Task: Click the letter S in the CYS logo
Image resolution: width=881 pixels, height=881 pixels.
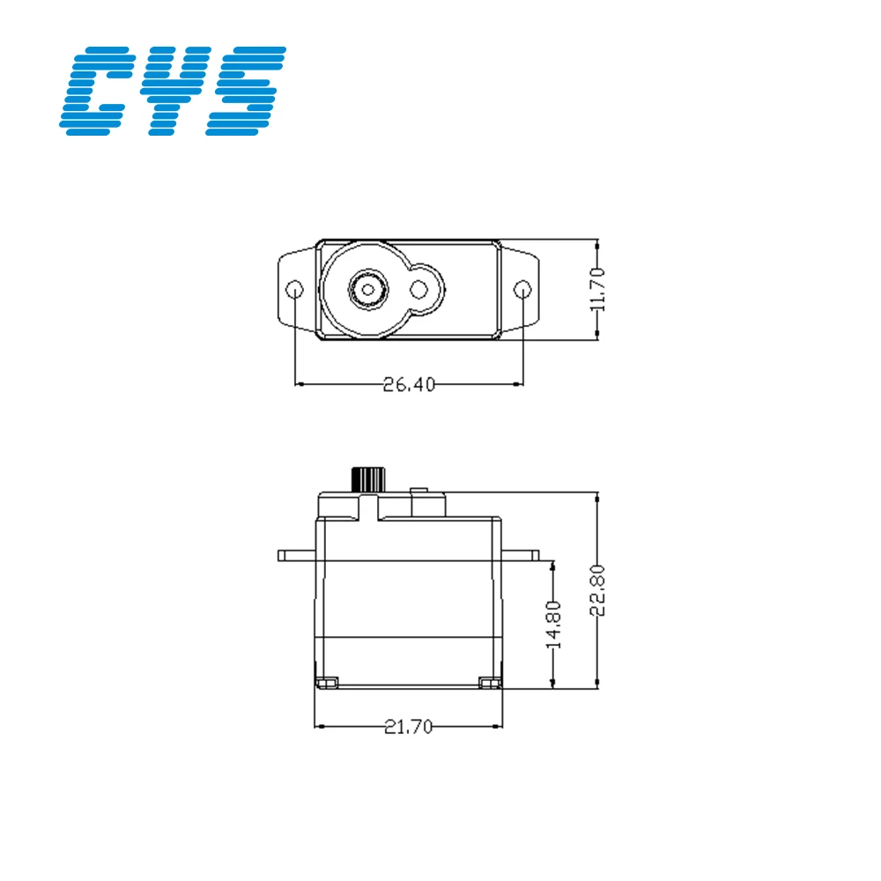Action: (246, 91)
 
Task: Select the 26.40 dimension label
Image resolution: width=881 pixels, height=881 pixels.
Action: (409, 384)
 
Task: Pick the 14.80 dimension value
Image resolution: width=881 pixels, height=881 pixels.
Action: (553, 625)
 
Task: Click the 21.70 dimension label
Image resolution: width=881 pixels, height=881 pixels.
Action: (409, 727)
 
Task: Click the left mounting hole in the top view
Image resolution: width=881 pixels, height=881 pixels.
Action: (295, 290)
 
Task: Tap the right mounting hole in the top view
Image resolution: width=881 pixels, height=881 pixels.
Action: (522, 290)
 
